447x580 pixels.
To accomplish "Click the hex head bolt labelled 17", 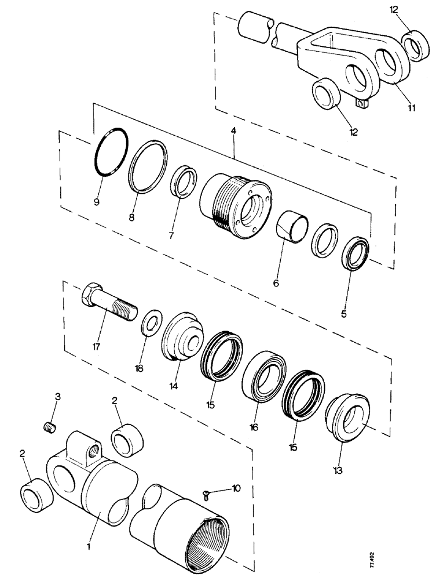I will tap(108, 305).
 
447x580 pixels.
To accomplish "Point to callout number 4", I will tap(234, 133).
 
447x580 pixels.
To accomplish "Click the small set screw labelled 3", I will tap(50, 427).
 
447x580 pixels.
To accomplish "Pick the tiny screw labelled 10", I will tap(207, 494).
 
